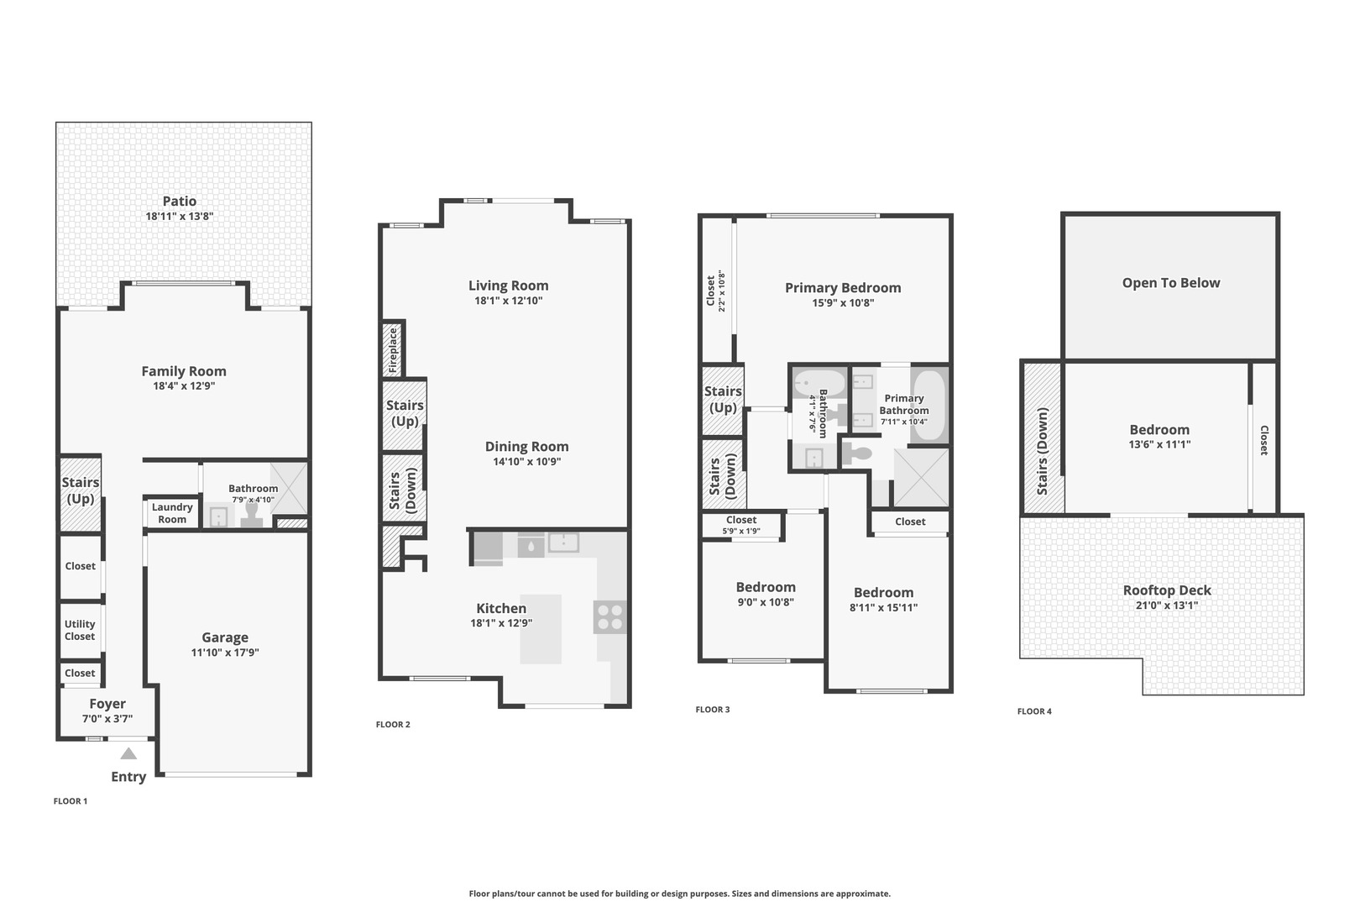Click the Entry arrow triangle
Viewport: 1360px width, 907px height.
128,753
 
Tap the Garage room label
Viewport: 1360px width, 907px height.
225,637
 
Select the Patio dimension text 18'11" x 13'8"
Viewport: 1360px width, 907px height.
180,216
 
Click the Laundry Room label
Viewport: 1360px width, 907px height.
172,513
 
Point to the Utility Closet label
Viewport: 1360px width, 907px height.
80,630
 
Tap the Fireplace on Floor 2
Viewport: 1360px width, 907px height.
393,349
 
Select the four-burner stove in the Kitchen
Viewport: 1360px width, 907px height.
610,617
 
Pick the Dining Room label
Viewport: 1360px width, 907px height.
526,447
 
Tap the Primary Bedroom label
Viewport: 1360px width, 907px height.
843,288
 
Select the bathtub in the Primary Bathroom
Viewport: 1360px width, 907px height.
929,406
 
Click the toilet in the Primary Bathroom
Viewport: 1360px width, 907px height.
858,454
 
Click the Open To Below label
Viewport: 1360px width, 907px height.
1171,283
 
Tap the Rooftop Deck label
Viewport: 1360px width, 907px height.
1167,590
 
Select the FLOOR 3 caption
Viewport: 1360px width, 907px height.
713,710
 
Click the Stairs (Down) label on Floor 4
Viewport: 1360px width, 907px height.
1043,451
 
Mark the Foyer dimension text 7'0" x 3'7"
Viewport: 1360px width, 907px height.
107,719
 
